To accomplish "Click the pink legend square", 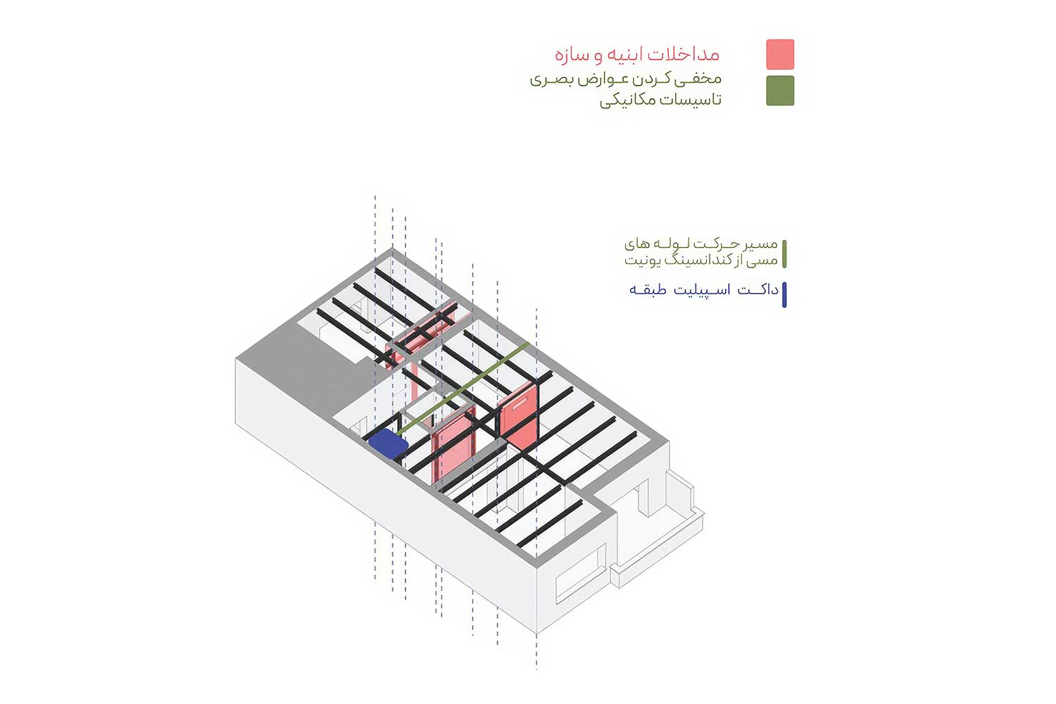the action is [x=780, y=54].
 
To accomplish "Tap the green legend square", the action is [x=780, y=91].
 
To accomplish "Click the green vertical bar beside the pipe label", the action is [x=784, y=254].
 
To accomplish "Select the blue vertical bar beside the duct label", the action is [x=784, y=295].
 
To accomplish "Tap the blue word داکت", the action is [x=758, y=289].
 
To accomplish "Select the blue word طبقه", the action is [x=648, y=289].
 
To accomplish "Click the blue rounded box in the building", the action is [x=388, y=444].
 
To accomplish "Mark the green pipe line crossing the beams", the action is [x=463, y=389].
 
